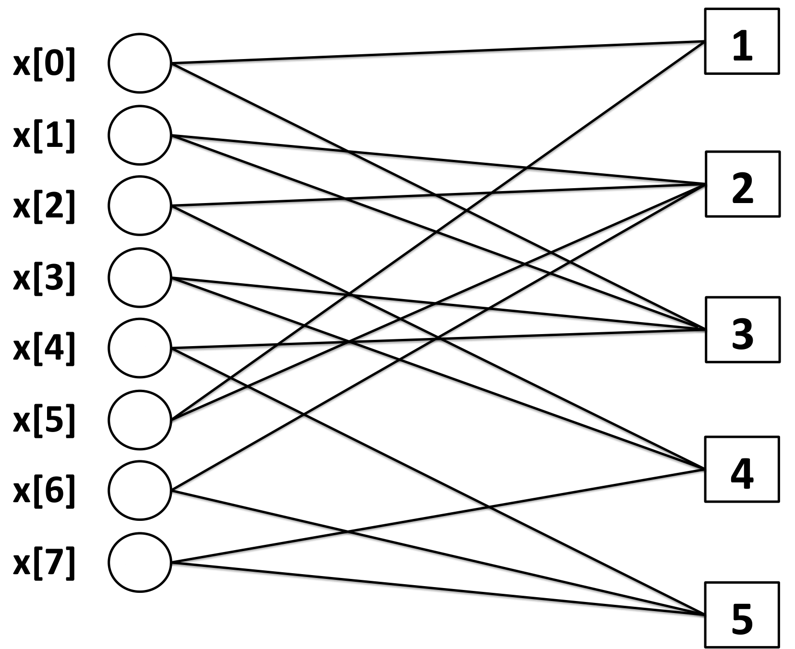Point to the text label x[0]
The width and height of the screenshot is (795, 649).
click(x=44, y=64)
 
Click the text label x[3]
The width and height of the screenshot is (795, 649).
click(x=44, y=279)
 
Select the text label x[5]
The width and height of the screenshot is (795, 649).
click(x=44, y=421)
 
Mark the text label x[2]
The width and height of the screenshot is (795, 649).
click(x=44, y=207)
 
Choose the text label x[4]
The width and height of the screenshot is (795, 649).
click(x=44, y=349)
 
